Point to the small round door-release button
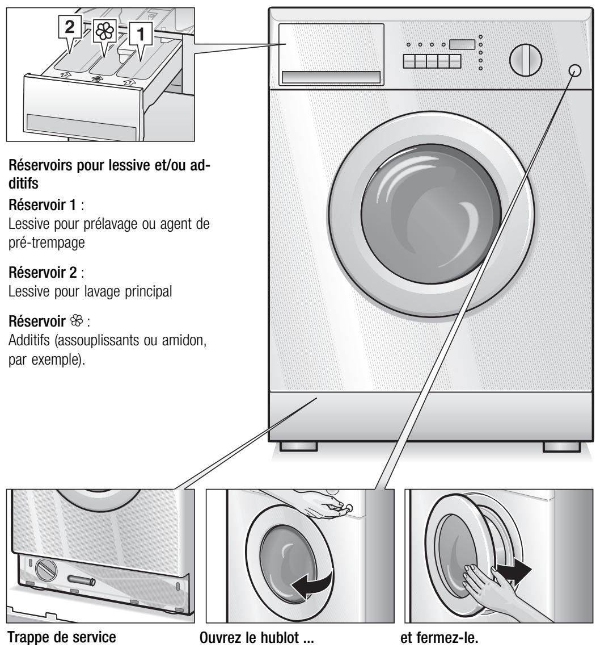coord(574,70)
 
